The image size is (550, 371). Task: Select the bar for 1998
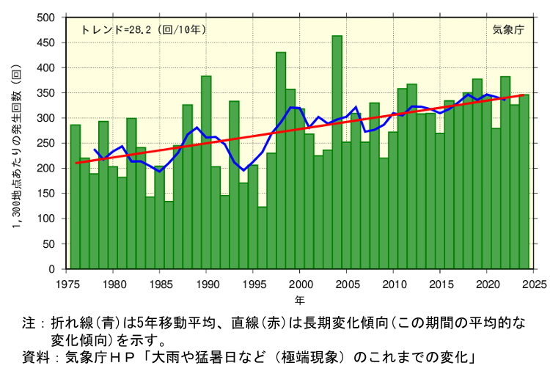point(281,161)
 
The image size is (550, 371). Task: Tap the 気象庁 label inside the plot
point(507,30)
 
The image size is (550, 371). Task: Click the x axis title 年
point(300,300)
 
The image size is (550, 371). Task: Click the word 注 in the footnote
point(29,323)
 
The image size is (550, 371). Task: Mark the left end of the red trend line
point(76,163)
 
